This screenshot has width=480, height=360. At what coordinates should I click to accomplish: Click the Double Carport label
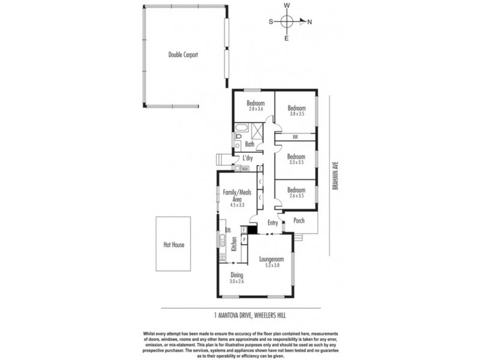click(x=183, y=55)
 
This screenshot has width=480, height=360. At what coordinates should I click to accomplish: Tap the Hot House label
click(x=174, y=245)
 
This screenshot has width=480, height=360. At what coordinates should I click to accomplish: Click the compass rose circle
click(x=287, y=22)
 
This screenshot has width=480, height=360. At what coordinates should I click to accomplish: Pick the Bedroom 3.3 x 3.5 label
click(x=297, y=158)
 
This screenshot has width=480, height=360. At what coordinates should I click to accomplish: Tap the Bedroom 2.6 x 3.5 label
click(x=297, y=193)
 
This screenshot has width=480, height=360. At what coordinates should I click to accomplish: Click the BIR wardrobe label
click(x=295, y=137)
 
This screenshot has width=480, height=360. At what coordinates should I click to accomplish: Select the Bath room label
click(x=250, y=145)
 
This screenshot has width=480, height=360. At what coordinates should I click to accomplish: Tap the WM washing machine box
click(x=245, y=169)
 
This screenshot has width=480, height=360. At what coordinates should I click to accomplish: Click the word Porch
click(x=298, y=221)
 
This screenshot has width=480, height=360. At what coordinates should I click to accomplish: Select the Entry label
click(x=273, y=223)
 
